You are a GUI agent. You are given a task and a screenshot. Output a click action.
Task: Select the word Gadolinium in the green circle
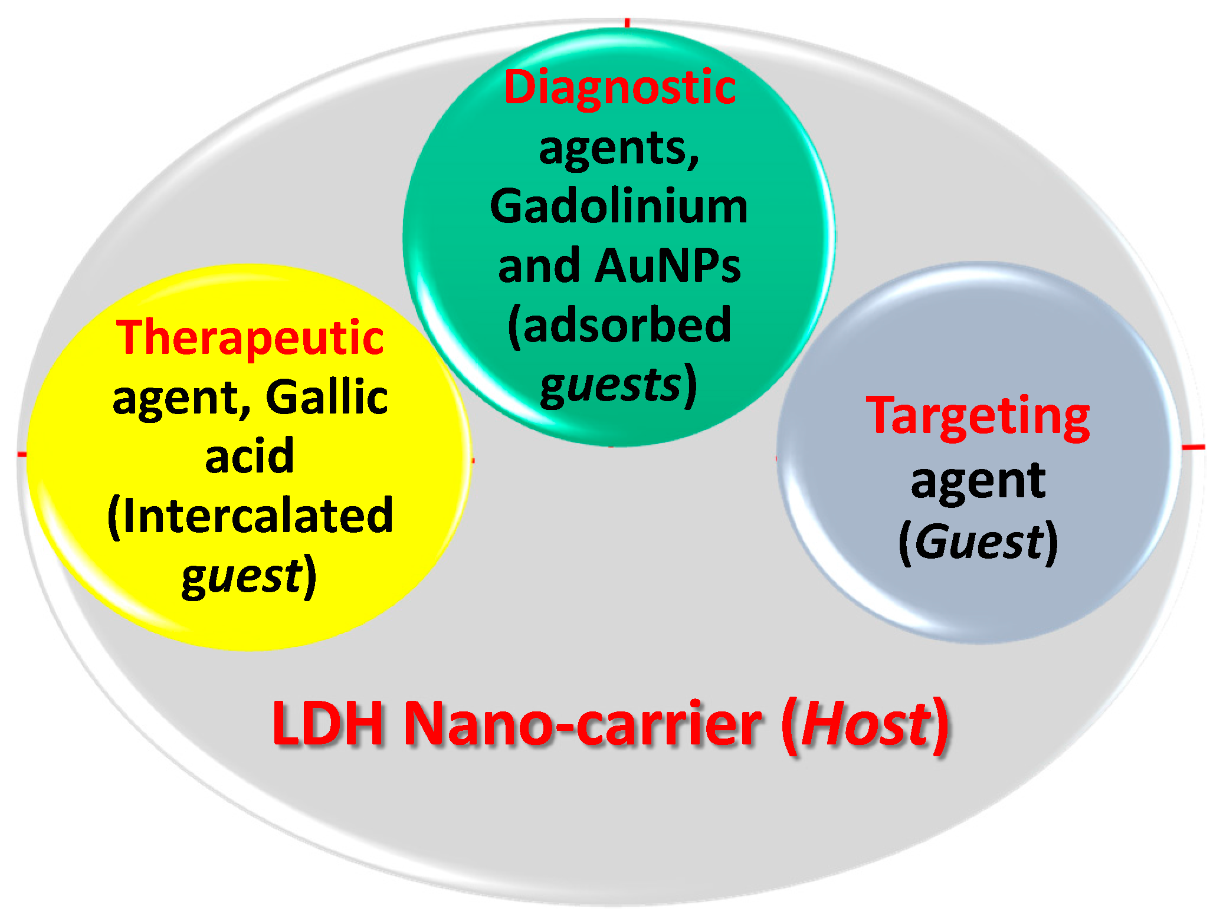619,207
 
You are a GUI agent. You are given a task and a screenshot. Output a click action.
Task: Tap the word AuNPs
667,266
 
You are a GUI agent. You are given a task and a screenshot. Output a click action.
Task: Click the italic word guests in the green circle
611,386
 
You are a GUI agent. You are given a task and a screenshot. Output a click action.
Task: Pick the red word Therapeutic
250,337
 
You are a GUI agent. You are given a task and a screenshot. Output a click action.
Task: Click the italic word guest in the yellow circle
242,576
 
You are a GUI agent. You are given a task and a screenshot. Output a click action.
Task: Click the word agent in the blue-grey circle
978,481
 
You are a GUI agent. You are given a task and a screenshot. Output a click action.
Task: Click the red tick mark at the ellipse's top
627,22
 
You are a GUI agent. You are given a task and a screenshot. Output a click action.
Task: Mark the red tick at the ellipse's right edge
1193,448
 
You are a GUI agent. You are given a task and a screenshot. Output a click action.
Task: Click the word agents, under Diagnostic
619,148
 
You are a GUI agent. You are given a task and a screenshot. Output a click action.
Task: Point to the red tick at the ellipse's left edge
22,454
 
